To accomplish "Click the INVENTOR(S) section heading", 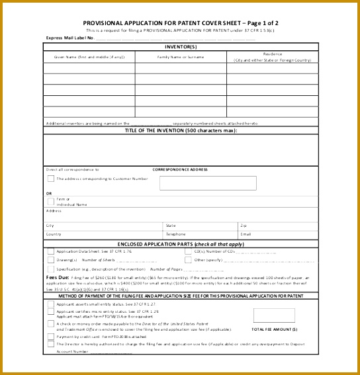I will pyautogui.click(x=181, y=47).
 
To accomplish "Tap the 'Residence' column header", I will pyautogui.click(x=272, y=57).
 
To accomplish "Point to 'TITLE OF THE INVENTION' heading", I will pyautogui.click(x=181, y=130).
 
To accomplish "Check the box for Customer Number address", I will pyautogui.click(x=50, y=179).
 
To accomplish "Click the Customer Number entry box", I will pyautogui.click(x=207, y=183).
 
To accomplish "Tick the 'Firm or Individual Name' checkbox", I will pyautogui.click(x=50, y=201).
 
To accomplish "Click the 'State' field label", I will pyautogui.click(x=171, y=226).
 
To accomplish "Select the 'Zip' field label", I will pyautogui.click(x=244, y=226).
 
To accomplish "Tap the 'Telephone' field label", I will pyautogui.click(x=176, y=234).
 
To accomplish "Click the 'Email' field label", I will pyautogui.click(x=246, y=234).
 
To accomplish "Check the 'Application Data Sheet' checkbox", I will pyautogui.click(x=50, y=251).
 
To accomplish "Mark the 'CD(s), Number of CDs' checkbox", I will pyautogui.click(x=189, y=251).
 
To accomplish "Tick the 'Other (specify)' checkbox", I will pyautogui.click(x=189, y=260).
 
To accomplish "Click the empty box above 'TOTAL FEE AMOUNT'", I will pyautogui.click(x=274, y=315).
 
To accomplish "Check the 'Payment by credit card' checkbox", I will pyautogui.click(x=50, y=336).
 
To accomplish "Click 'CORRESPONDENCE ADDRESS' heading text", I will pyautogui.click(x=181, y=169).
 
